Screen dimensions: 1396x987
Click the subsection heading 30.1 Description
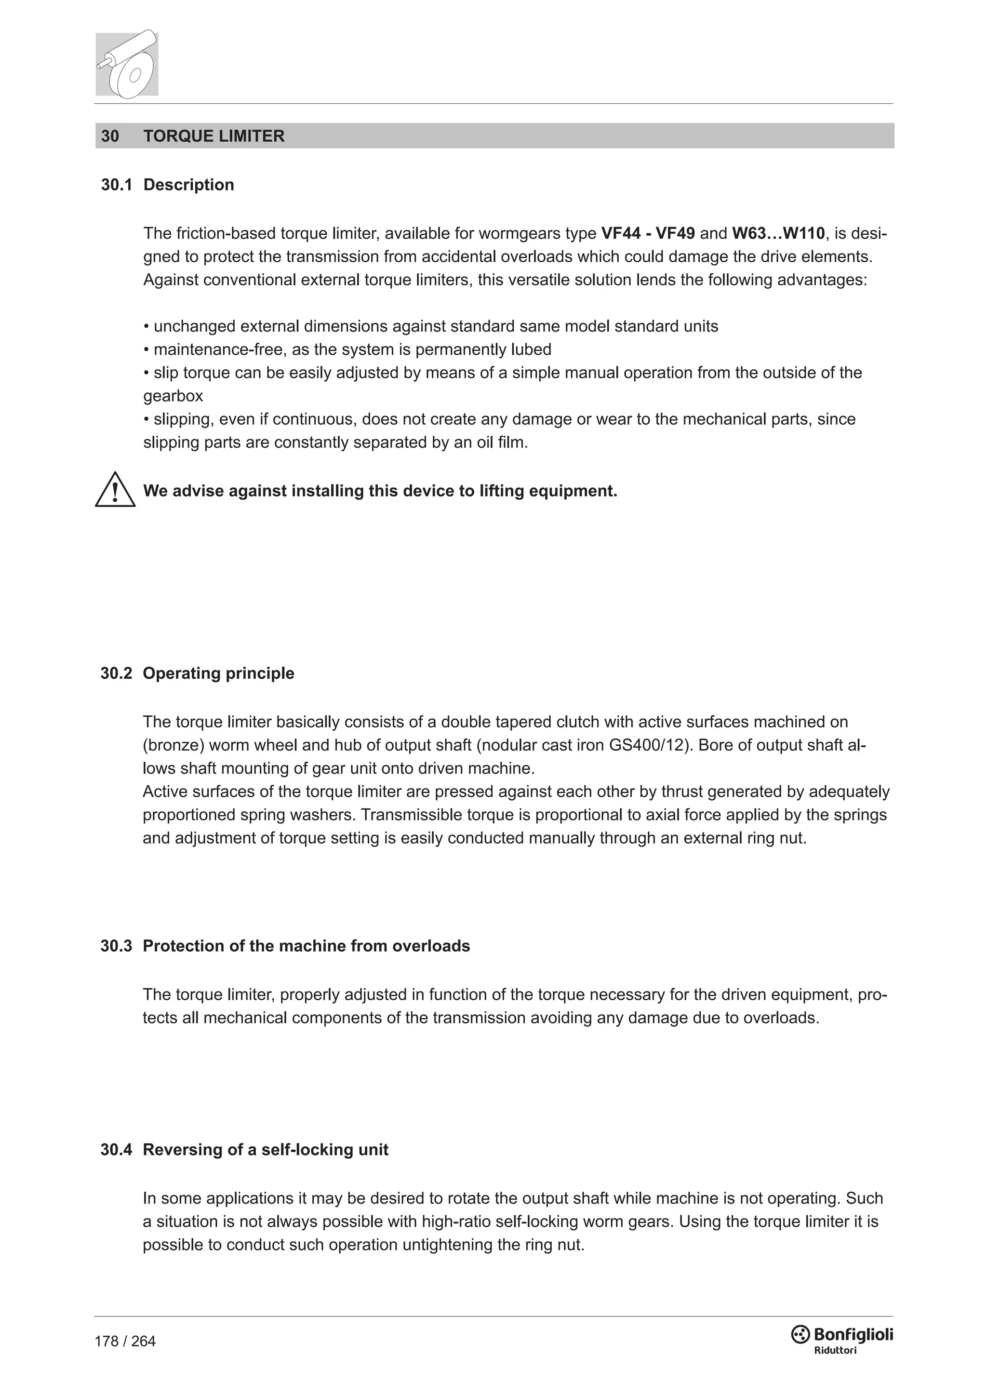[167, 185]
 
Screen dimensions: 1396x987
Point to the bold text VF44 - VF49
[648, 233]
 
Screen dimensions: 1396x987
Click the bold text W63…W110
[778, 233]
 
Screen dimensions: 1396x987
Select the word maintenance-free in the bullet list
[220, 349]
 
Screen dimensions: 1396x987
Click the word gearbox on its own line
[173, 396]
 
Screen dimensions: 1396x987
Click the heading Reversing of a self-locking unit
[266, 1150]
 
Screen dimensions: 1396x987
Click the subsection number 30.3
[116, 946]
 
